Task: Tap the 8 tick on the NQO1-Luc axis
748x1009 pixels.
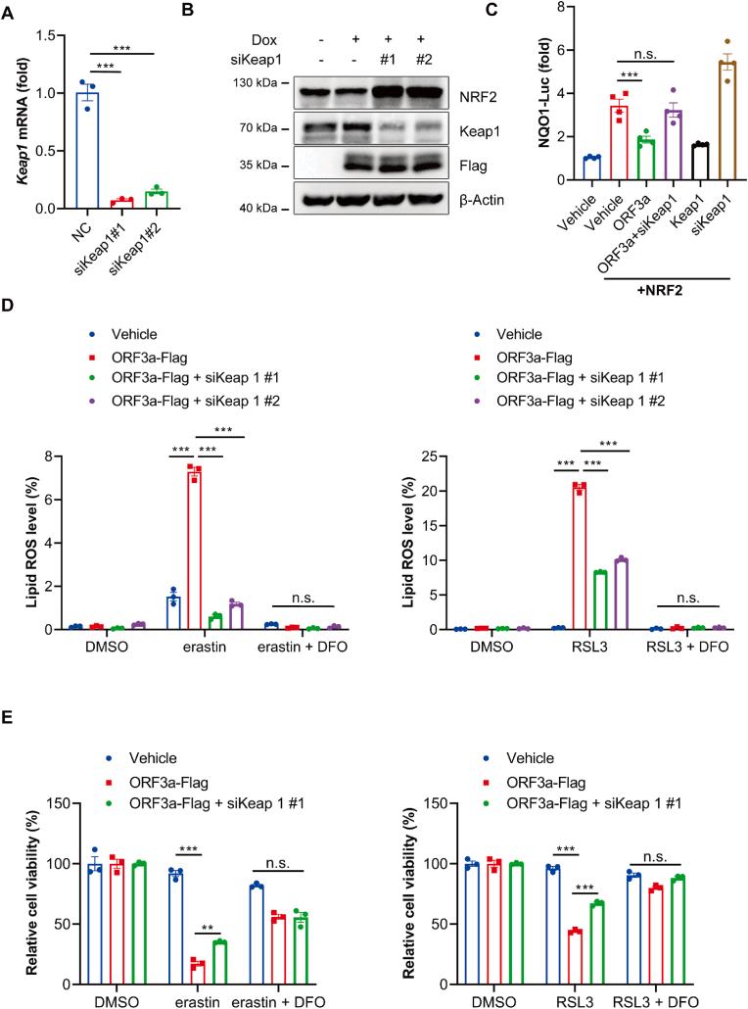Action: (553, 8)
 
